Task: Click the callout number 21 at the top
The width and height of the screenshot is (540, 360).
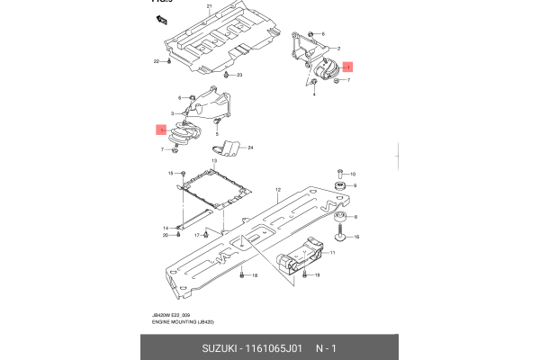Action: (209, 6)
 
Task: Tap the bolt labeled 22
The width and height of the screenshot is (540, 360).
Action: (168, 62)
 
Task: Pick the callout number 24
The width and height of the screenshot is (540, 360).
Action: (251, 148)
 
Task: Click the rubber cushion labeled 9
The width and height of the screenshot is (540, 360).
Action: (341, 186)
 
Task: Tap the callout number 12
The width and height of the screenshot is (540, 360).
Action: (279, 190)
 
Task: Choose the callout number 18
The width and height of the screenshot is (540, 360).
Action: (255, 274)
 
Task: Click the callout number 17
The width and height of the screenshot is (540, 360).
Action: (196, 236)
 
